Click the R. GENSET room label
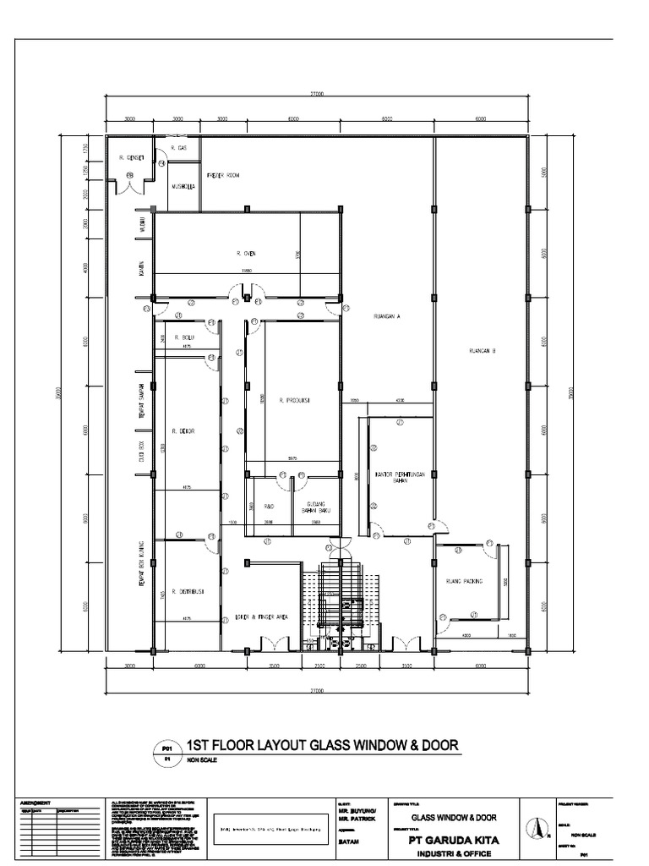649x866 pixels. (132, 157)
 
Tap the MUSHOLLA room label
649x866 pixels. (183, 187)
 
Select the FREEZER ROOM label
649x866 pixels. (224, 175)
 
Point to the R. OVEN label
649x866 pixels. (246, 253)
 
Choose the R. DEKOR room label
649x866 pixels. (183, 431)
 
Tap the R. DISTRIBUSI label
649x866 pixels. (184, 591)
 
